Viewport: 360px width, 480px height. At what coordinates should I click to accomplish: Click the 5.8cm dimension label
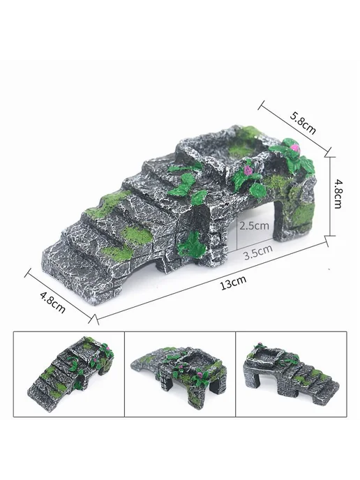click(303, 123)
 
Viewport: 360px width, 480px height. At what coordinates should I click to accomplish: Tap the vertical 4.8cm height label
click(338, 194)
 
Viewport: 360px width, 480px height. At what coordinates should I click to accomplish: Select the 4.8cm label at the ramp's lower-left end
click(52, 302)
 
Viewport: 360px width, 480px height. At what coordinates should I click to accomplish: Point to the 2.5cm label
click(254, 226)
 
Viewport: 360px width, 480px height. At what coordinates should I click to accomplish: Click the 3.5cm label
click(258, 253)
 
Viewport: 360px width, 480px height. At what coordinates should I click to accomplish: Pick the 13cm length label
click(233, 283)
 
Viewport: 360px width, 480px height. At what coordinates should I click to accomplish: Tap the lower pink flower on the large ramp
click(248, 171)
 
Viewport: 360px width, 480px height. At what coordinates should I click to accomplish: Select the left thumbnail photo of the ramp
click(69, 374)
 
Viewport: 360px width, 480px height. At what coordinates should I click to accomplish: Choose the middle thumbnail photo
click(180, 374)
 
